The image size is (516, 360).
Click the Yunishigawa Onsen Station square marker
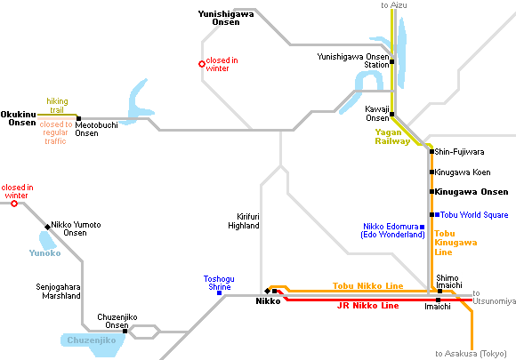pyautogui.click(x=392, y=61)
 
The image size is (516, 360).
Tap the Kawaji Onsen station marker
pyautogui.click(x=392, y=114)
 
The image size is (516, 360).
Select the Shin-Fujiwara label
pyautogui.click(x=459, y=152)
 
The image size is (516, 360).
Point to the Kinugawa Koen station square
pyautogui.click(x=431, y=172)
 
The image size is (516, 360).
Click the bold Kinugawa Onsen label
pyautogui.click(x=472, y=192)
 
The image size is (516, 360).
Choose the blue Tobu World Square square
pyautogui.click(x=438, y=215)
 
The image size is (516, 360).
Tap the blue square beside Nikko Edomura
pyautogui.click(x=423, y=227)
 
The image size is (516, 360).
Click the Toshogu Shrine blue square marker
pyautogui.click(x=219, y=292)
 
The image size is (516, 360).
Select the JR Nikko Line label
pyautogui.click(x=368, y=306)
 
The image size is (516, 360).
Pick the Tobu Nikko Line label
pyautogui.click(x=368, y=285)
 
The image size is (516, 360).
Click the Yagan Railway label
pyautogui.click(x=392, y=137)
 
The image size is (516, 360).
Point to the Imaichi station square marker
pyautogui.click(x=438, y=300)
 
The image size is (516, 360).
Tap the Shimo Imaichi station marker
pyautogui.click(x=440, y=292)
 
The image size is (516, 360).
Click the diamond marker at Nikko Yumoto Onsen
pyautogui.click(x=48, y=227)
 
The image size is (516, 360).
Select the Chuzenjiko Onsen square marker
pyautogui.click(x=125, y=331)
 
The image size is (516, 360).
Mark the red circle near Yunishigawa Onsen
pyautogui.click(x=202, y=64)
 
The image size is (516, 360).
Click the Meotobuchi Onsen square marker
pyautogui.click(x=78, y=119)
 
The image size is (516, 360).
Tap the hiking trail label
pyautogui.click(x=57, y=106)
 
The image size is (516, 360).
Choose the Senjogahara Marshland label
pyautogui.click(x=58, y=292)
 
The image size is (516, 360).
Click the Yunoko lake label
pyautogui.click(x=45, y=253)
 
